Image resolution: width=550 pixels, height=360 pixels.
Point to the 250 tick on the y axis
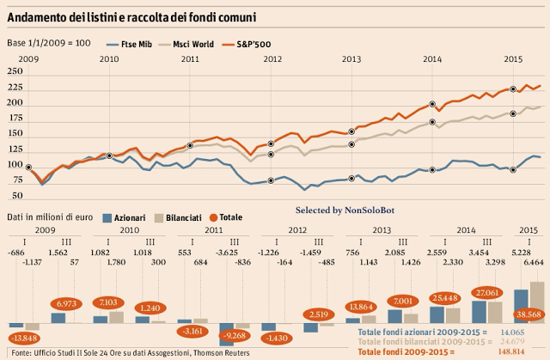tap(15, 72)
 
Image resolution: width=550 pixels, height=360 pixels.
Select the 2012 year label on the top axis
tap(272, 58)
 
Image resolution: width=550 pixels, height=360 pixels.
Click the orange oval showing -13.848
tap(25, 337)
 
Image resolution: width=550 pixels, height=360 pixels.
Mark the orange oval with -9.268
tap(232, 335)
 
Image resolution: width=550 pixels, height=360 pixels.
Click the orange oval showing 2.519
tap(318, 314)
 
